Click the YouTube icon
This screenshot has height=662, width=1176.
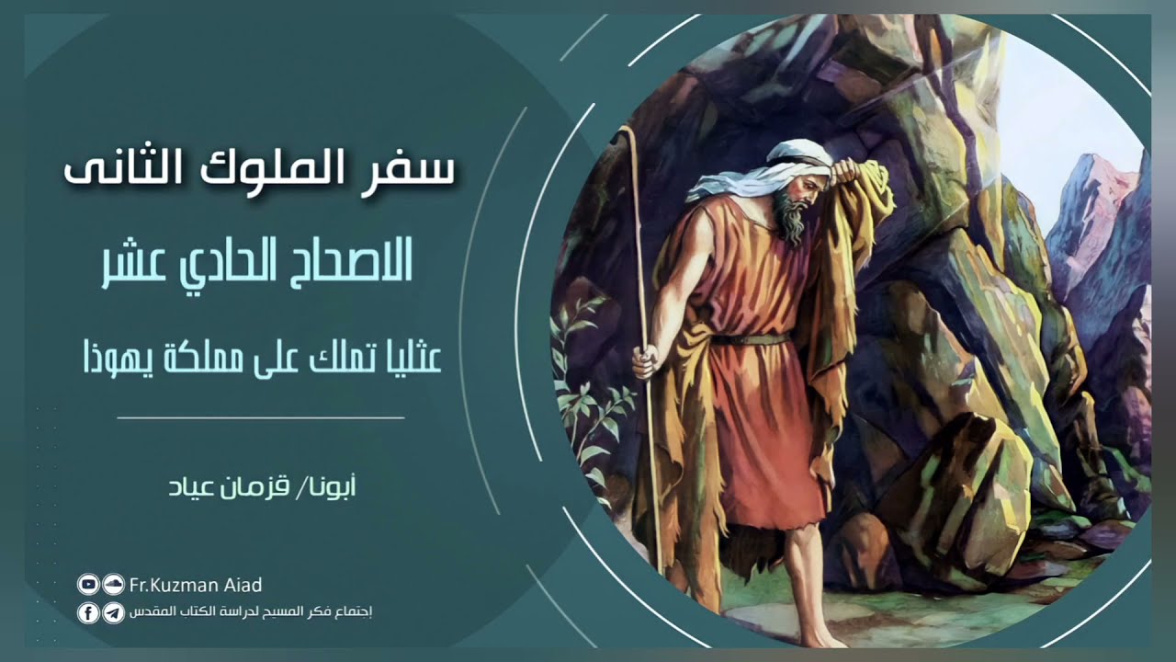tap(88, 584)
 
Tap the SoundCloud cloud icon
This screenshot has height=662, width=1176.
tap(113, 584)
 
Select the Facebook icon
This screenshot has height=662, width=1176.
tap(88, 613)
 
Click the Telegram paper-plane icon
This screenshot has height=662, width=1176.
tap(113, 613)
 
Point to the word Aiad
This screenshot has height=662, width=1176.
tap(243, 585)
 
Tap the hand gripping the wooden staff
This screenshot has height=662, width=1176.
tap(645, 360)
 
